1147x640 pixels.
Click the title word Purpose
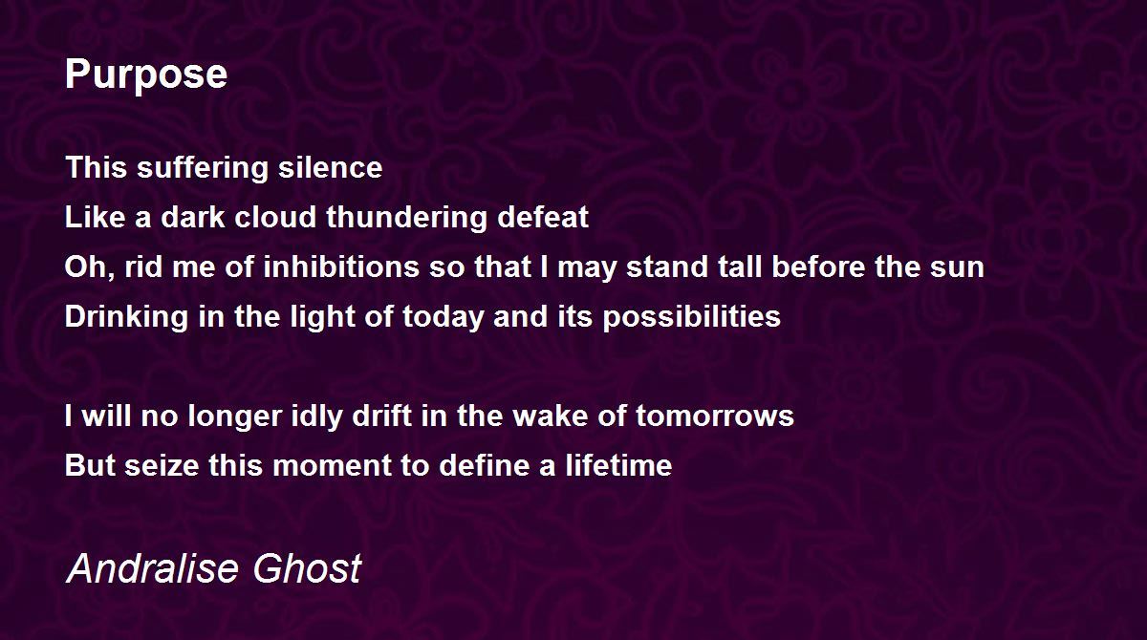tap(146, 75)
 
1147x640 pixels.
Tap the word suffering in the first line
tap(203, 168)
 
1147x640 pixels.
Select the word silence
tap(331, 167)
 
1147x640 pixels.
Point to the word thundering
tap(406, 218)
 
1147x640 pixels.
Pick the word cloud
tap(275, 217)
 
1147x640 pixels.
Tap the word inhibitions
tap(341, 267)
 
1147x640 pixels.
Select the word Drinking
tap(126, 317)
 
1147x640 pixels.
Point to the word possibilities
tap(692, 317)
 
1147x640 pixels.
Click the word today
tap(443, 317)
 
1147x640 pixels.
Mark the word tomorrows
tap(715, 416)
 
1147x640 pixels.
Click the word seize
tap(162, 465)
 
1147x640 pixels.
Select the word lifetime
tap(618, 465)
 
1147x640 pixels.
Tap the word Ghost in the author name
tap(307, 567)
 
